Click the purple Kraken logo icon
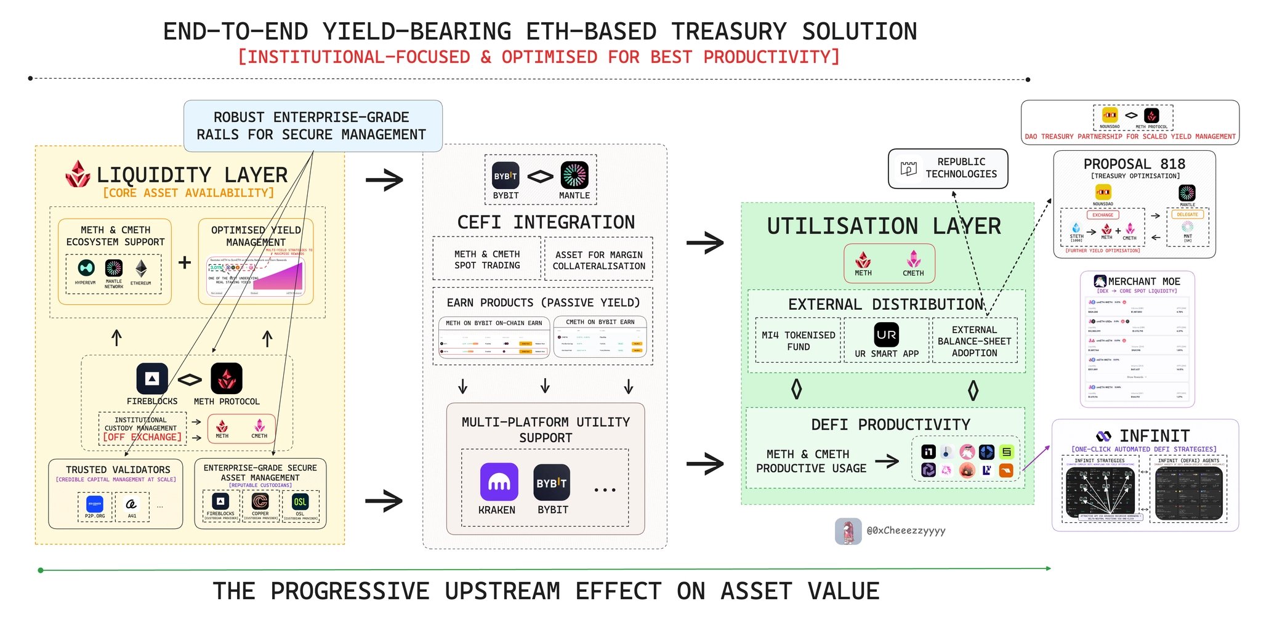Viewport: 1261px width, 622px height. tap(499, 482)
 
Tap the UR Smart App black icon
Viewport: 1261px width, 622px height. tap(886, 335)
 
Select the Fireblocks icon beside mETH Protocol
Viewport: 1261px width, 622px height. tap(151, 379)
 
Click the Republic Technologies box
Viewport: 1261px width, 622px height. tap(948, 168)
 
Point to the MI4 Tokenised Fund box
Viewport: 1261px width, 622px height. tap(798, 341)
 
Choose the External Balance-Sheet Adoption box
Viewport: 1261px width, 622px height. tap(974, 341)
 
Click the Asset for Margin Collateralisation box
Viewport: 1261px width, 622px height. tap(598, 260)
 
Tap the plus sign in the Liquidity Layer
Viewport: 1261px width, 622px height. tap(184, 262)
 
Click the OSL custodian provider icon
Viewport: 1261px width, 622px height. tap(300, 502)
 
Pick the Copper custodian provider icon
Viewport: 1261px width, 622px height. tap(260, 502)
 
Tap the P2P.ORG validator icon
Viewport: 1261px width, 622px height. tap(95, 504)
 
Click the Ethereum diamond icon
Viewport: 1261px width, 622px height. tap(141, 269)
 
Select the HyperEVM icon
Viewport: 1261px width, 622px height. tap(86, 268)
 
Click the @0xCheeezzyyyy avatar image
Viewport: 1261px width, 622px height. tap(848, 531)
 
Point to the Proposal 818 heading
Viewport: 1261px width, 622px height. tap(1134, 164)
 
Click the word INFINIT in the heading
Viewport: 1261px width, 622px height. tap(1154, 436)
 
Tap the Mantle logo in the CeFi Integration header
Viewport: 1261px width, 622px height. tap(574, 176)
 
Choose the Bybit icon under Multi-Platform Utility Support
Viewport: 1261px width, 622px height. tap(552, 482)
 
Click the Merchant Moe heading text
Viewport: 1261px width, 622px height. tap(1143, 281)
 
